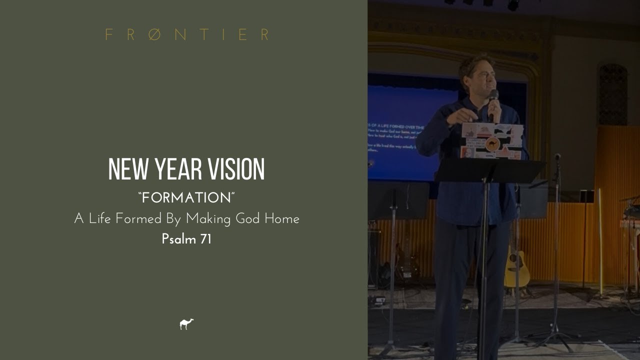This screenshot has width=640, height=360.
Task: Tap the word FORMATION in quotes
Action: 186,198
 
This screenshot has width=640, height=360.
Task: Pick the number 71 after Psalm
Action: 205,239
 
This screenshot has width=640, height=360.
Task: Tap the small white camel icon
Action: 186,324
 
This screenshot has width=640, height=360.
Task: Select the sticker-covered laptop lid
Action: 492,141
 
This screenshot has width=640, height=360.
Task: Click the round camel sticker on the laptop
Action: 492,144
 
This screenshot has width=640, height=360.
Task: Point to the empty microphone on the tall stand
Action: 557,157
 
